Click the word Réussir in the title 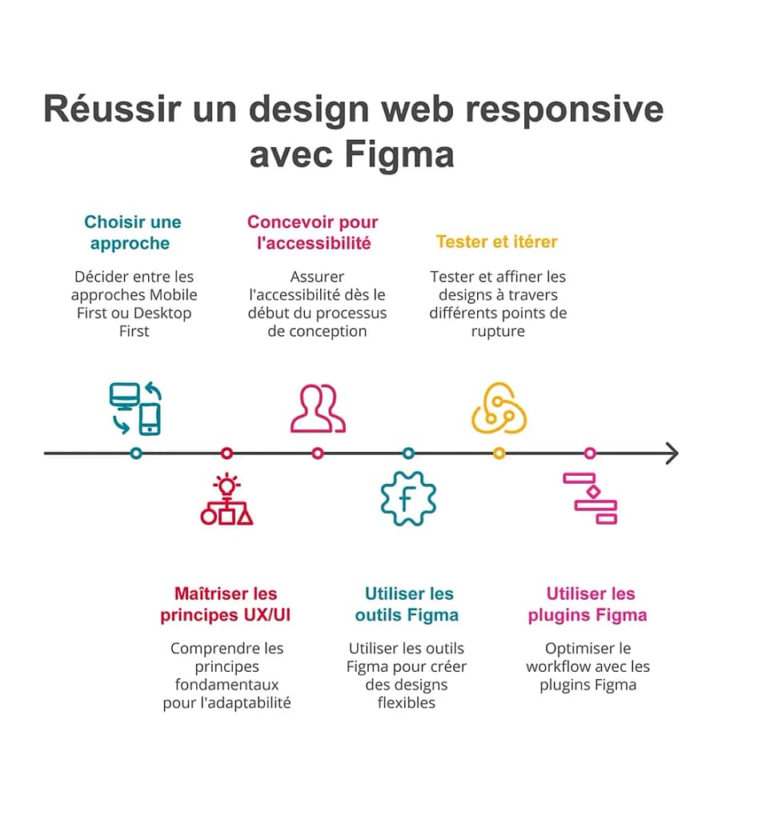(111, 109)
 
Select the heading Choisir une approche (132, 233)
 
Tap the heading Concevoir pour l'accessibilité (313, 233)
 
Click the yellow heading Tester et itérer (496, 242)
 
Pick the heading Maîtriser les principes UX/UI (226, 605)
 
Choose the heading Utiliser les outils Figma (407, 605)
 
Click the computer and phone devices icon (136, 409)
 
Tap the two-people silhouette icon (318, 409)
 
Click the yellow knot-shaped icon (499, 409)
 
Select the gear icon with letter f (408, 499)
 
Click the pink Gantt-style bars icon (591, 498)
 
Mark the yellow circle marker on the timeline (499, 453)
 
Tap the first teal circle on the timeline (136, 453)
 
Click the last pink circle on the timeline (590, 453)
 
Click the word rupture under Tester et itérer (498, 331)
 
